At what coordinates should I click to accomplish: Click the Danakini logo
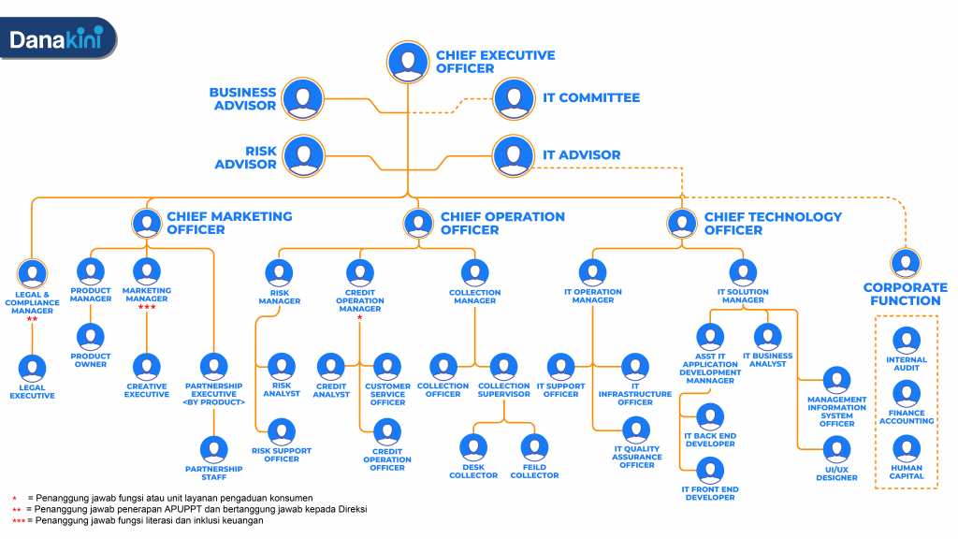click(57, 39)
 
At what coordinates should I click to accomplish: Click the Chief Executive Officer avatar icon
click(406, 61)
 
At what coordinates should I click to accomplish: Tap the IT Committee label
click(591, 97)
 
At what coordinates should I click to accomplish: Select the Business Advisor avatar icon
click(302, 98)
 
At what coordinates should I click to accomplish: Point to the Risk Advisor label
click(246, 157)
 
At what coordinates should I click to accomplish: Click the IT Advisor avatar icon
click(513, 155)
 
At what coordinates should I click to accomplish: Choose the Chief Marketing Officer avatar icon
click(145, 223)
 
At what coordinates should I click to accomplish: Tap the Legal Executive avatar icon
click(33, 368)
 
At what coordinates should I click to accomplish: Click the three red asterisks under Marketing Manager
click(147, 308)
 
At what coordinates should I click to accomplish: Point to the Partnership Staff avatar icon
click(214, 450)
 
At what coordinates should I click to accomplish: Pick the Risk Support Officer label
click(282, 455)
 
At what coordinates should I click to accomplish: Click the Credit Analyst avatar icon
click(331, 367)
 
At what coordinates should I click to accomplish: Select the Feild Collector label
click(534, 472)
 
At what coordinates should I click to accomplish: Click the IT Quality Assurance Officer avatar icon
click(637, 430)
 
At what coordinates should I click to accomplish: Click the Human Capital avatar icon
click(907, 449)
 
